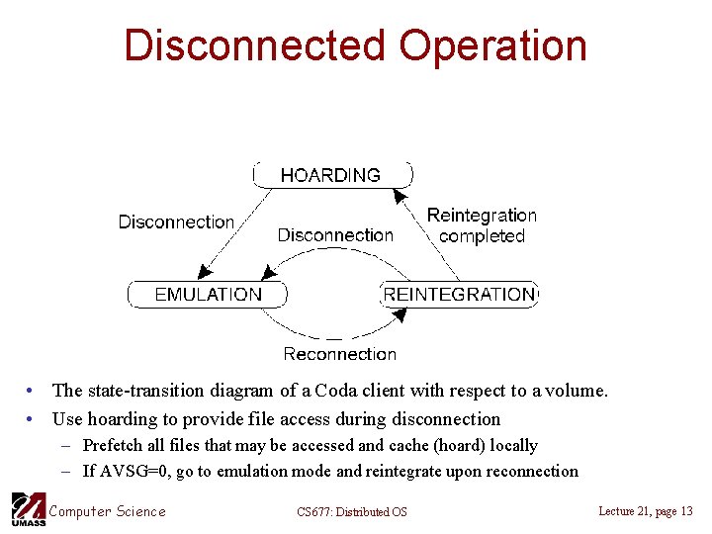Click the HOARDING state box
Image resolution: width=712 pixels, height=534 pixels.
(330, 175)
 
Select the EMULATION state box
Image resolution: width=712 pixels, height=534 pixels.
(208, 294)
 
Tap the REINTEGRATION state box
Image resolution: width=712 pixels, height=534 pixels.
(459, 294)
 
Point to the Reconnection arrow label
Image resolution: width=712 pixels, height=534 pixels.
(339, 354)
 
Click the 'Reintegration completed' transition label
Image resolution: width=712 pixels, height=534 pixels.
(482, 225)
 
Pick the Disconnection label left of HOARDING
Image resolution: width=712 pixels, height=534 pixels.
(176, 222)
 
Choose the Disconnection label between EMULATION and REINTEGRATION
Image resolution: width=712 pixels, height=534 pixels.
(335, 235)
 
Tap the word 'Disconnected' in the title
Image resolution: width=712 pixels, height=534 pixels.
(254, 45)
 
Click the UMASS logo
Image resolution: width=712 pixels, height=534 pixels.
(27, 509)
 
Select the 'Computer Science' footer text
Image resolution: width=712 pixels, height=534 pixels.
(107, 510)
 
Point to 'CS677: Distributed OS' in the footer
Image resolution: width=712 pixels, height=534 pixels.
(351, 511)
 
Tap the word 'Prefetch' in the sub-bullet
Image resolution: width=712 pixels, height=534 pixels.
(114, 445)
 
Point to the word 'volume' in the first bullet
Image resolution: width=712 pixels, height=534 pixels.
(576, 391)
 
